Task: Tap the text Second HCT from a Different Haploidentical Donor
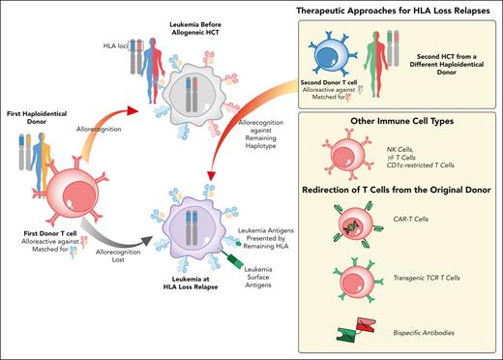(443, 57)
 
